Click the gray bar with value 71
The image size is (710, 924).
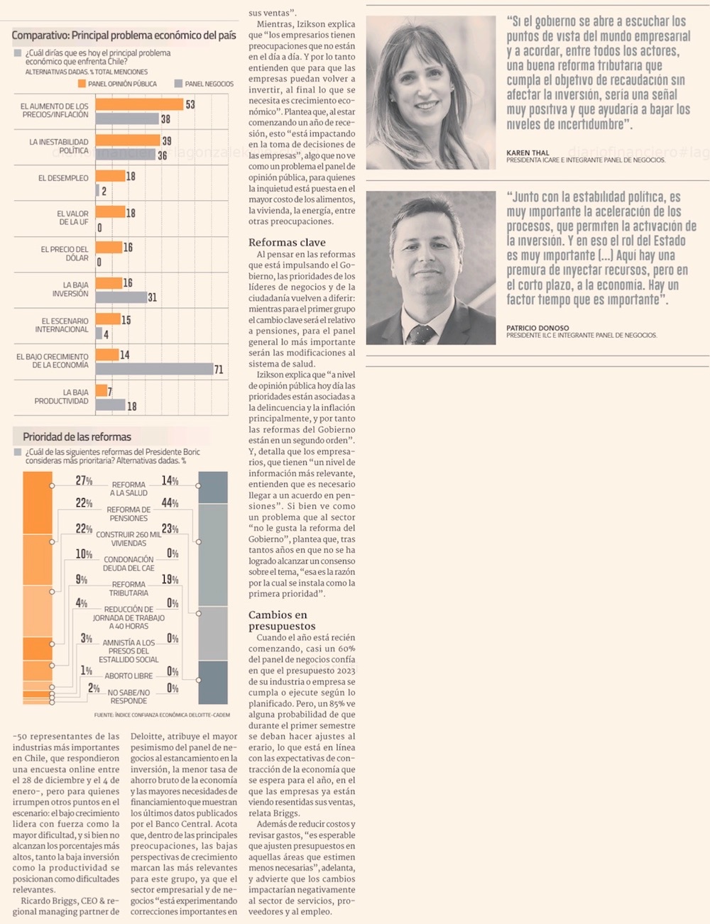tap(154, 369)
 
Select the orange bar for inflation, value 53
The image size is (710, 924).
tap(139, 104)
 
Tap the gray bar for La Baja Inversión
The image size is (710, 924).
tap(121, 297)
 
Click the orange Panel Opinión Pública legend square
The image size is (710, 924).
tap(82, 84)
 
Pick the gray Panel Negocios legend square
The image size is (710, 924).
tap(178, 84)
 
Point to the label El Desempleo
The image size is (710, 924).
tap(63, 178)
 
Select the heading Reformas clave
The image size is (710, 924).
tap(287, 242)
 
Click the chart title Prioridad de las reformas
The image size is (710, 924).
tap(77, 437)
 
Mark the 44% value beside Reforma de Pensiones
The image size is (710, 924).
tap(170, 503)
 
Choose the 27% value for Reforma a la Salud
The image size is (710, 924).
tap(84, 480)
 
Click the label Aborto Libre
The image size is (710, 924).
tap(129, 676)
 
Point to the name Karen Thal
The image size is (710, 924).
tap(528, 153)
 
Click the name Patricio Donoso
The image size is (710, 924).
tap(537, 328)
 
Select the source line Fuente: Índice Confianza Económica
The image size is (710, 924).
tap(162, 715)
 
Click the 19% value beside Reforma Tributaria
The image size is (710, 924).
tap(170, 580)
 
